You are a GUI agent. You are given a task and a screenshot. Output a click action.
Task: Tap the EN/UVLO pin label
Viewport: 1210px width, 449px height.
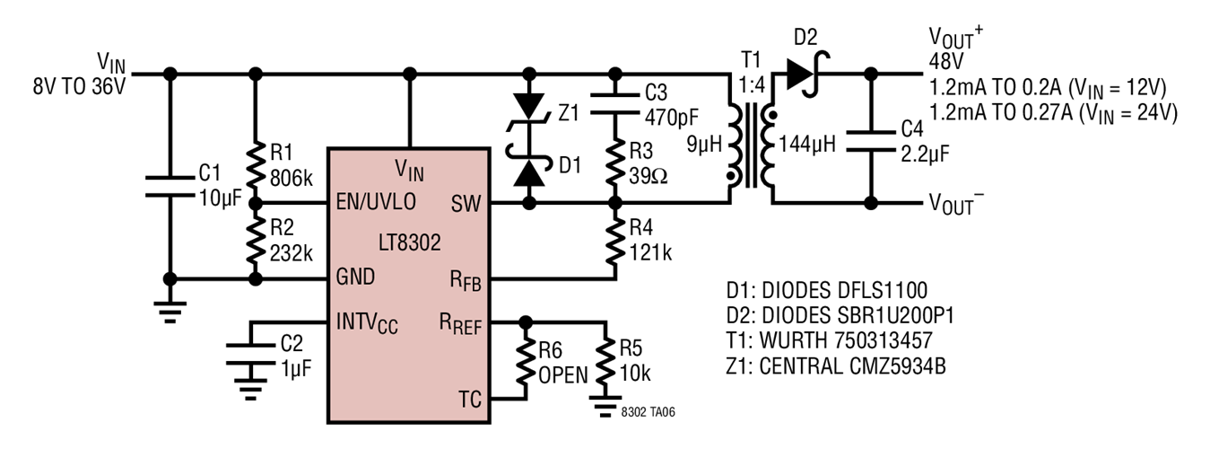tap(376, 202)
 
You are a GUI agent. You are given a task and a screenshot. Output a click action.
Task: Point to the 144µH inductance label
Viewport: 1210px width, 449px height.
tap(806, 143)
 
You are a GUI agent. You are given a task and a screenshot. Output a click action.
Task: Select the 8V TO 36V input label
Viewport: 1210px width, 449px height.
tap(78, 88)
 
